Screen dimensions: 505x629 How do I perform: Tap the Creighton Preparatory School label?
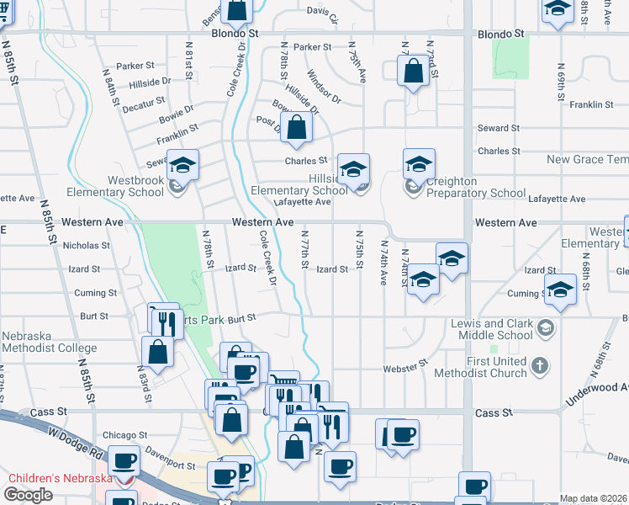[475, 187]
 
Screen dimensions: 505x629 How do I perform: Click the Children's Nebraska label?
[61, 479]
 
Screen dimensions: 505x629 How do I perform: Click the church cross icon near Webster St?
[540, 366]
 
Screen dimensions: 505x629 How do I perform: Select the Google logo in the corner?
[28, 495]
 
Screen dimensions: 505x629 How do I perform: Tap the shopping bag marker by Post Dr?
[297, 128]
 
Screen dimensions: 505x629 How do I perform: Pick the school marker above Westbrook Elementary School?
[182, 165]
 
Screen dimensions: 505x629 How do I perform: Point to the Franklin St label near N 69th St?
[591, 105]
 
